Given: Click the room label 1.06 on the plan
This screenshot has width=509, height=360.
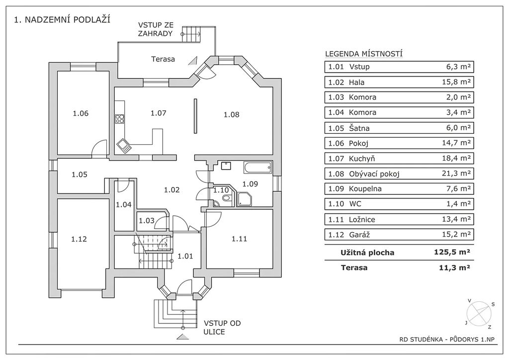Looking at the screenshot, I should click(x=80, y=113).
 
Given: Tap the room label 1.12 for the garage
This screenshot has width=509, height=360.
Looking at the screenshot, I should click(x=79, y=239).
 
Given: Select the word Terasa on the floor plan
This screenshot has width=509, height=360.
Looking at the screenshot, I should click(x=163, y=59).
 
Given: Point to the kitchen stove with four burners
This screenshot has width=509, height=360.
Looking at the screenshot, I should click(x=120, y=118).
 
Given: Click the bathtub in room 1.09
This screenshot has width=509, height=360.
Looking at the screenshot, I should click(x=257, y=168).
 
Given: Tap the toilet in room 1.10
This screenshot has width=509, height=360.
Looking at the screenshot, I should click(x=227, y=199).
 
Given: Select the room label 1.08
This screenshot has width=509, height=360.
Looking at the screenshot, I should click(x=231, y=115).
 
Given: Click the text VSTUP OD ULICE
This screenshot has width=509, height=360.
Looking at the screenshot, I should click(x=222, y=327).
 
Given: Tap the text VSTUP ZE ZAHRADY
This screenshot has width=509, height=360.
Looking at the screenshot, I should click(x=156, y=29).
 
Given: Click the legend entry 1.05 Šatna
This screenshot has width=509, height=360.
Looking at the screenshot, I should click(x=348, y=128).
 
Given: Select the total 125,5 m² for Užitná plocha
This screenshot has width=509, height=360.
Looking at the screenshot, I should click(x=451, y=252).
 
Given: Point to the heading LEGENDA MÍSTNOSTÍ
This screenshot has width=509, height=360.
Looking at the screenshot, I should click(x=363, y=54).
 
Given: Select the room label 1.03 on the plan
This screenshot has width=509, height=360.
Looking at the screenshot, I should click(x=146, y=221).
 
